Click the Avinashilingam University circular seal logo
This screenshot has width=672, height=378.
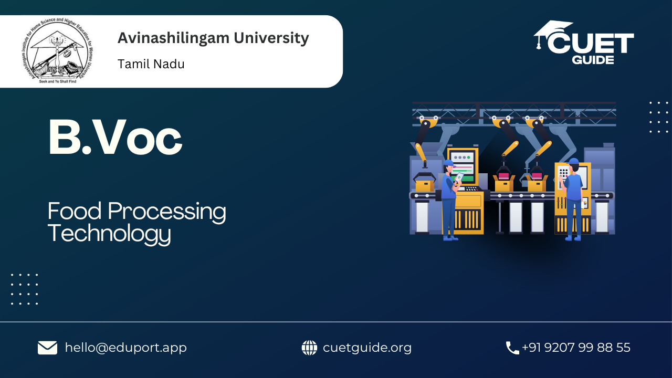tap(58, 50)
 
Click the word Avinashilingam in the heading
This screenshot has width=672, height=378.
tap(173, 39)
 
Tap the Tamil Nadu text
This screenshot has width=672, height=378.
tap(151, 64)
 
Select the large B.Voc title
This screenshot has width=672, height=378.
tap(115, 138)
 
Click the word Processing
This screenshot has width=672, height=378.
tap(167, 212)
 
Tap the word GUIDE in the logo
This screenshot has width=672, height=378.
tap(593, 60)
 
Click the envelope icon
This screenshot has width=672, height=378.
tap(47, 348)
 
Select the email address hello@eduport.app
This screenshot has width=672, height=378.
tap(125, 348)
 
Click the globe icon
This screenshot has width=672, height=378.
tap(309, 348)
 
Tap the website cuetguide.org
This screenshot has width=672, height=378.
tap(367, 348)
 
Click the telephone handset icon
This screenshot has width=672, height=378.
tap(512, 348)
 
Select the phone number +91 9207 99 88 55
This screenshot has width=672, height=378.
tap(576, 348)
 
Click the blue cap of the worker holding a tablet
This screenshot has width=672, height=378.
tap(449, 163)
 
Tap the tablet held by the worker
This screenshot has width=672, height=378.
tap(459, 177)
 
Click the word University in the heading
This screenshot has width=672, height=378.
tap(271, 38)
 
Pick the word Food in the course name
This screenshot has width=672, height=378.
tap(75, 211)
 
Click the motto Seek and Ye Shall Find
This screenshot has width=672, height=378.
tap(58, 81)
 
